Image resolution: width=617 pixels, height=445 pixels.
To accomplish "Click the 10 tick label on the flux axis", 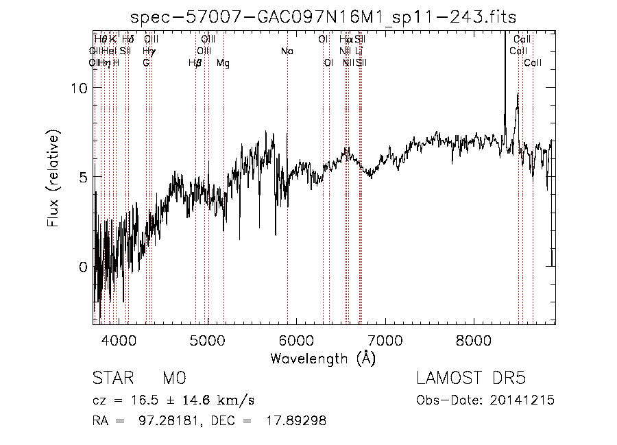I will click(x=80, y=88).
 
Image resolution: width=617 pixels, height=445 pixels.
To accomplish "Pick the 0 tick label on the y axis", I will click(x=84, y=267).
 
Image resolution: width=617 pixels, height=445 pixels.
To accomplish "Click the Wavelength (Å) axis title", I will click(x=323, y=358).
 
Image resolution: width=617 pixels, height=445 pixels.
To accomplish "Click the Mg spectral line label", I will click(x=223, y=63).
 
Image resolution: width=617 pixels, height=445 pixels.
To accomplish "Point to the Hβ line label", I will click(x=195, y=63).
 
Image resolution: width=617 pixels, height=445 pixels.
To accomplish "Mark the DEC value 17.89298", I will click(x=295, y=420).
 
